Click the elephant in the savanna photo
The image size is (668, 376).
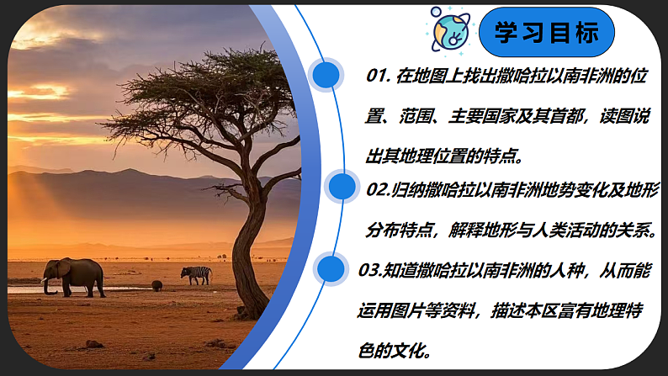click(76, 275)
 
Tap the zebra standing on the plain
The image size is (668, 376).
click(196, 274)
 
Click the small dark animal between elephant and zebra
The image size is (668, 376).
click(156, 285)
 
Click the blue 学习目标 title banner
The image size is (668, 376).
click(546, 33)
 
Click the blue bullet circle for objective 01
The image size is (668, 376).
click(326, 76)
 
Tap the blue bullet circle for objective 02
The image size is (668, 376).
click(342, 188)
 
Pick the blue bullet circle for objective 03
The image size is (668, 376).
click(331, 269)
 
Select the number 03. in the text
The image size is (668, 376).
click(371, 270)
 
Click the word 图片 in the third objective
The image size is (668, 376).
click(416, 310)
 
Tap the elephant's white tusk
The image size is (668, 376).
click(45, 281)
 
